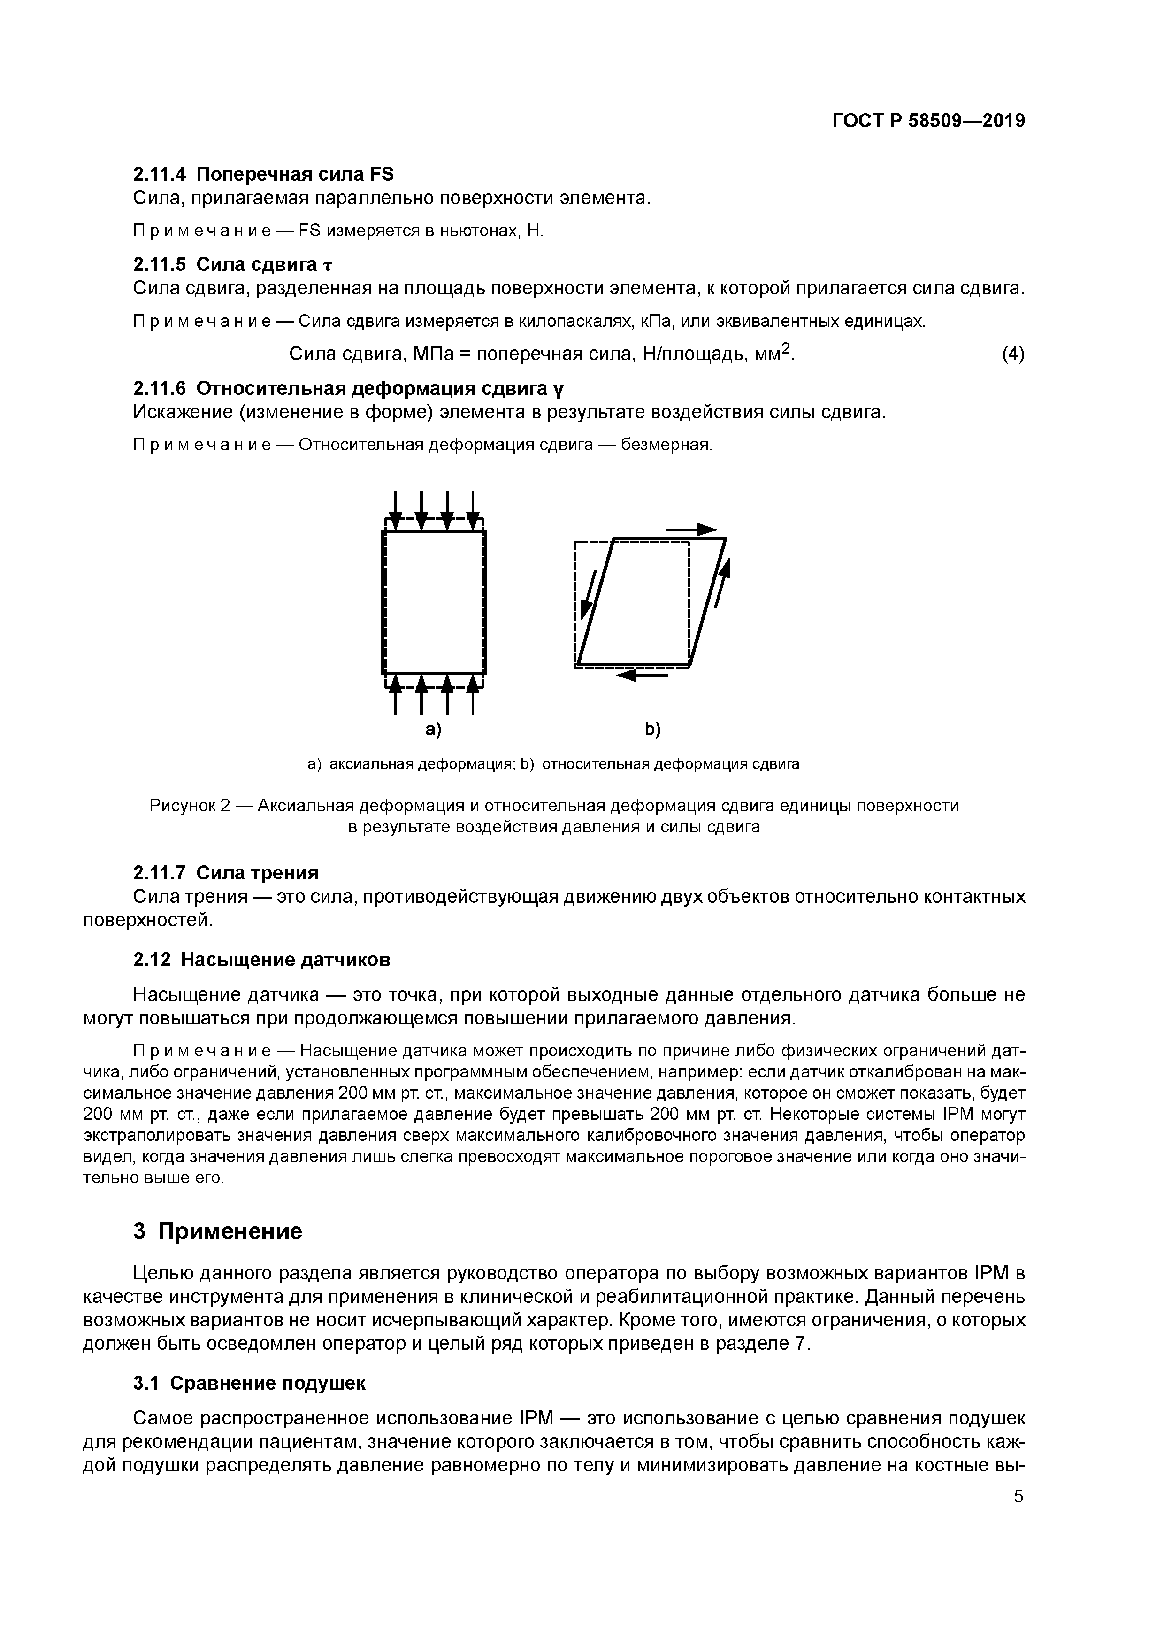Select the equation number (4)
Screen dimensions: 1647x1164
pos(1013,354)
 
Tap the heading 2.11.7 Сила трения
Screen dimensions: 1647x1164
pos(226,873)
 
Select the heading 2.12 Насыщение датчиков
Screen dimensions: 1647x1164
pos(262,960)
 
